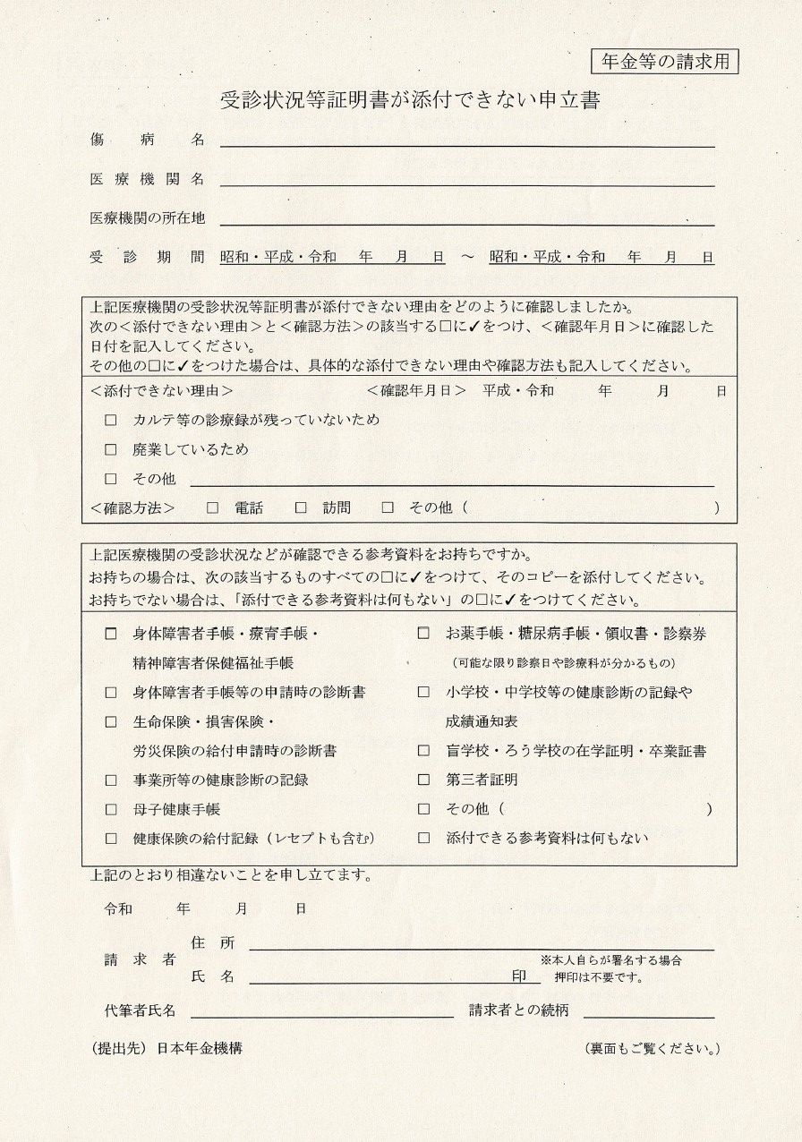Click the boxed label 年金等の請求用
[x=665, y=62]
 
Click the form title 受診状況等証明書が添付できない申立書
[x=409, y=100]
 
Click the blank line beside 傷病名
[x=467, y=141]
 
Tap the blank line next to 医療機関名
[x=467, y=181]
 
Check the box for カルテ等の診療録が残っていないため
[x=111, y=420]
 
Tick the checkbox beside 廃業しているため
[x=111, y=449]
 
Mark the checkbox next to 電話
[x=212, y=507]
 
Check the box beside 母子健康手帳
[x=111, y=809]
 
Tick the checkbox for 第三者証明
[x=424, y=780]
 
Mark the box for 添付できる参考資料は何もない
[x=424, y=839]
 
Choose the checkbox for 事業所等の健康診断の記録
[x=111, y=780]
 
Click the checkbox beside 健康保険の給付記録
[x=111, y=839]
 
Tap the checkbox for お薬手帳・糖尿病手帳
[x=424, y=634]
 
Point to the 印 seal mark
[x=519, y=976]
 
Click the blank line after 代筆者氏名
[x=321, y=1012]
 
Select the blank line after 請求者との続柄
[x=649, y=1012]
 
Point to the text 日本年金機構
[x=199, y=1048]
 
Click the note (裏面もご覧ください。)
[x=652, y=1048]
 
